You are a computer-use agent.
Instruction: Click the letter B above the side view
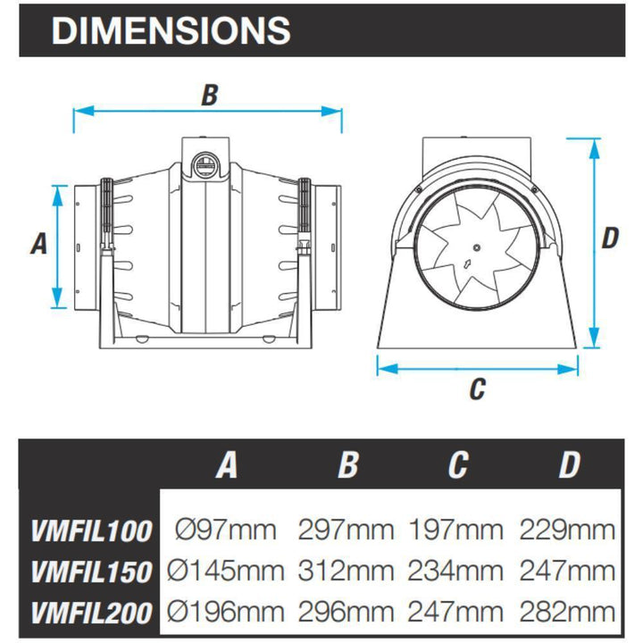pos(208,96)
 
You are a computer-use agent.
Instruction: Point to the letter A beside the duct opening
pos(38,243)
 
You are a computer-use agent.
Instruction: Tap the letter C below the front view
pos(477,388)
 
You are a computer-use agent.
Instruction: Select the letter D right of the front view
pos(609,238)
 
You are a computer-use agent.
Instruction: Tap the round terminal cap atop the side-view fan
pos(206,163)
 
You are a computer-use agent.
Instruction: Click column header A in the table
pos(227,464)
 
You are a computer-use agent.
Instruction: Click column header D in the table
pos(568,464)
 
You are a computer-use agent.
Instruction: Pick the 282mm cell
pos(568,611)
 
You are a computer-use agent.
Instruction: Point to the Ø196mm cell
pos(227,611)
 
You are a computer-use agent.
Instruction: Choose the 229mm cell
pos(568,530)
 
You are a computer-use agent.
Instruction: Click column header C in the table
pos(458,464)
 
